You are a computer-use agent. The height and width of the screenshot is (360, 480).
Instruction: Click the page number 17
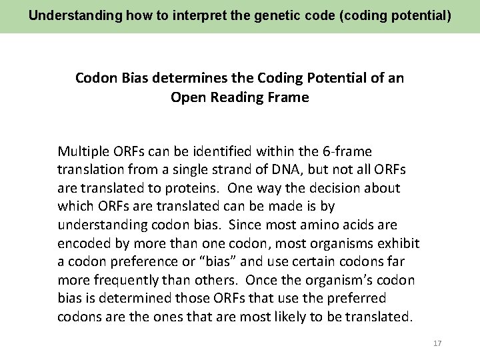tap(437, 343)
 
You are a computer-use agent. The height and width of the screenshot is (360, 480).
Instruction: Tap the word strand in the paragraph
tap(248, 170)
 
